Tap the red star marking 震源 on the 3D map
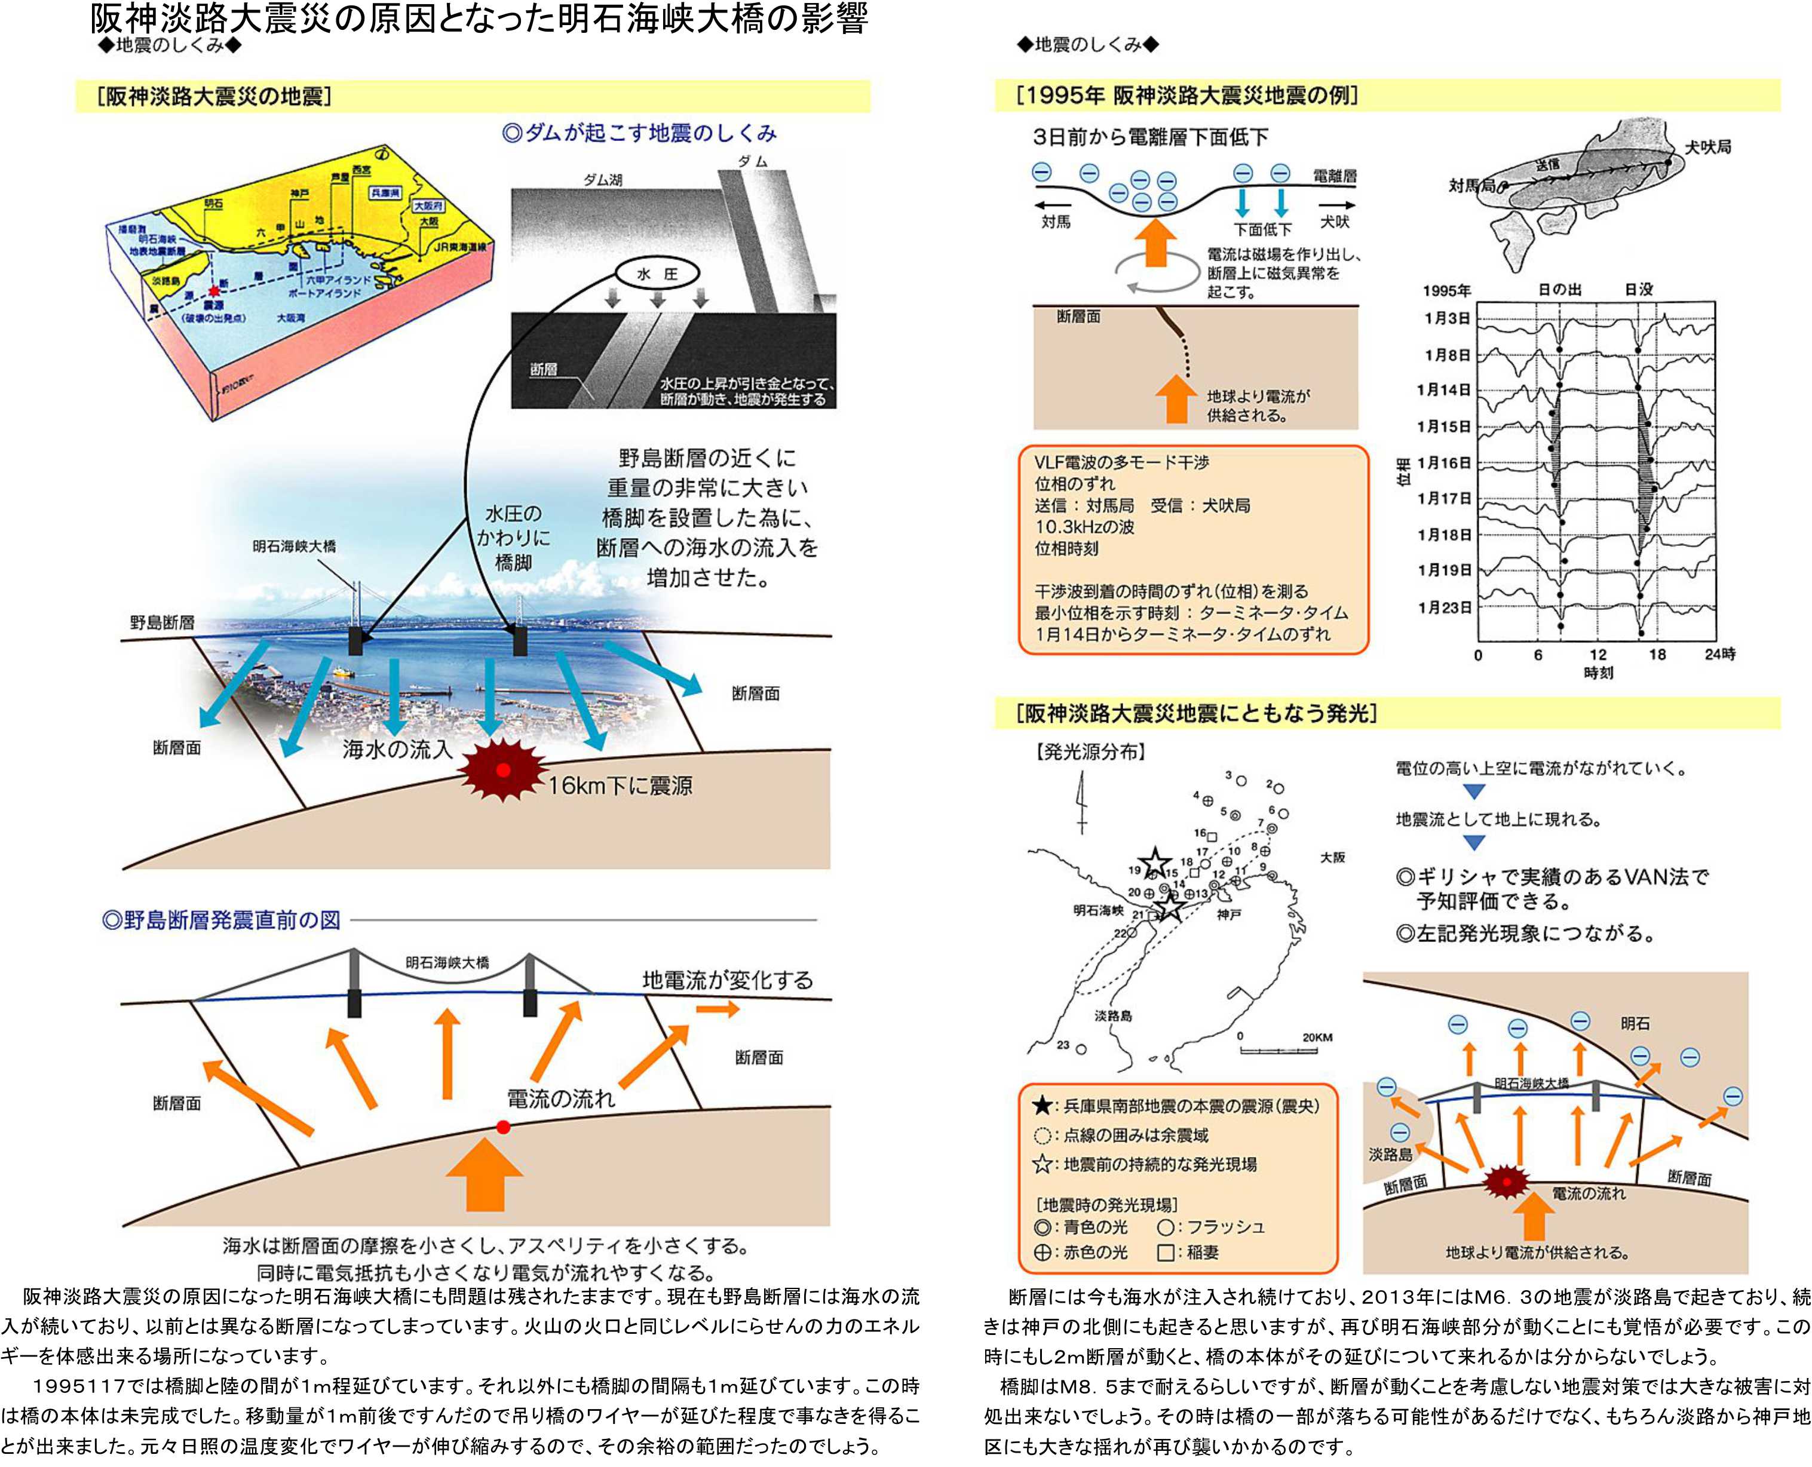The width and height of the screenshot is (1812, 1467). [214, 291]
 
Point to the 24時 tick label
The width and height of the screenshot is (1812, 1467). [1720, 654]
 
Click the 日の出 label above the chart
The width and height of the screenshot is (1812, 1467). [1559, 290]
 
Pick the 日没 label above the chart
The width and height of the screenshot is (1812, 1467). [1639, 290]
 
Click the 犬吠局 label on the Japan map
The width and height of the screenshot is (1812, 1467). [1708, 147]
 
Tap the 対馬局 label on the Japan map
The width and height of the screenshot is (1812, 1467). [1471, 185]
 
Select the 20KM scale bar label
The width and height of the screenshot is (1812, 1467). [1317, 1037]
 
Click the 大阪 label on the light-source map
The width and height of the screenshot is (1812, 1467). [1333, 858]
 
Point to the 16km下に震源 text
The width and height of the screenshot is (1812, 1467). [620, 786]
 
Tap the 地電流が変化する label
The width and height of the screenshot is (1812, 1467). [728, 980]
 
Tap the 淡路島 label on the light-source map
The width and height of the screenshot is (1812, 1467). [1113, 1016]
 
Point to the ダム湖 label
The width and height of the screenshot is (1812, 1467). [603, 180]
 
